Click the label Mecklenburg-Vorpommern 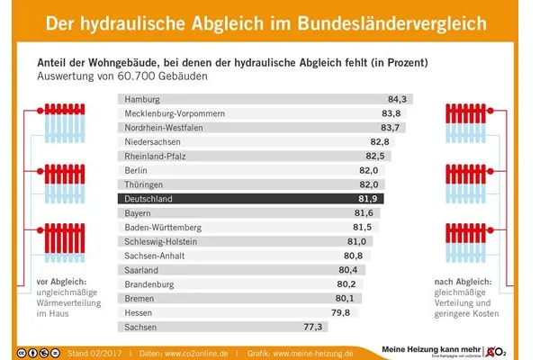[x=175, y=113]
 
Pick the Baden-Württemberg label [x=164, y=227]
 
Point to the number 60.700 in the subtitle [x=168, y=76]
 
